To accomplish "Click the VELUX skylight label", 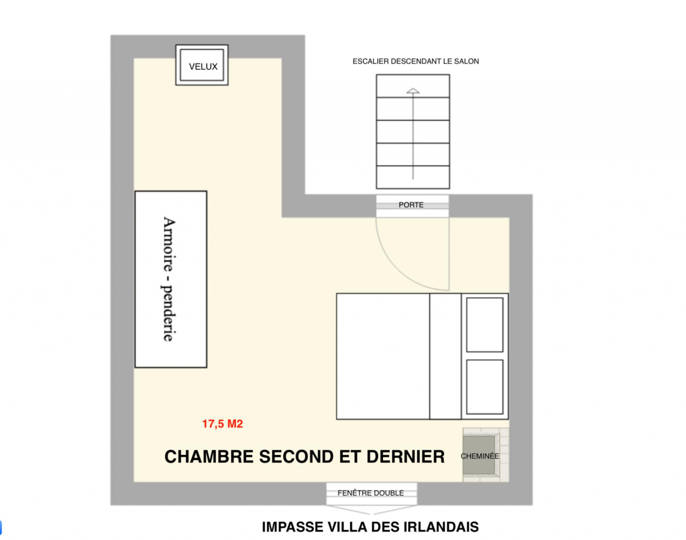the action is [203, 66].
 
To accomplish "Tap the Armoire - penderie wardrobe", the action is [171, 279].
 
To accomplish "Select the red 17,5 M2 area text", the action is [223, 424].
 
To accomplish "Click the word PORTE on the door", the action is [411, 205].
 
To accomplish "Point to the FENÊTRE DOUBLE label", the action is [371, 493].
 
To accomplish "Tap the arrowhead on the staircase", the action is [413, 90].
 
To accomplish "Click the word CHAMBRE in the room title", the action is [209, 456].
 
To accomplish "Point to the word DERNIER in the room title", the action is [406, 456].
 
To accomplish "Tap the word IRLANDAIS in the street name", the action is [441, 527].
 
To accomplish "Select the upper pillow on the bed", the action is [485, 325].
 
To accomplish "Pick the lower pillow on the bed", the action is [485, 387].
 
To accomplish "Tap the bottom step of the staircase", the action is [413, 177].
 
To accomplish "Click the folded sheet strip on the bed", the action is [445, 356].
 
